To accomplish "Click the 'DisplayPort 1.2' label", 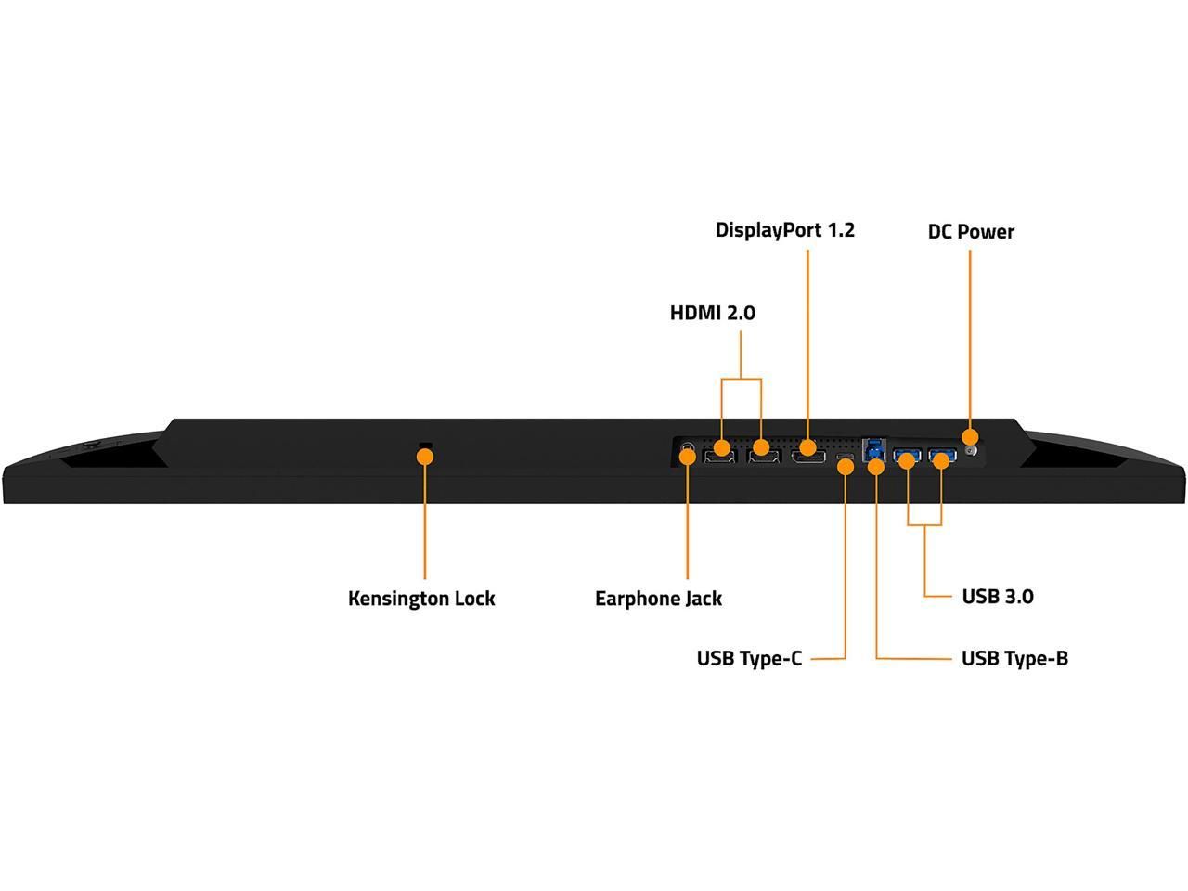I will point(784,230).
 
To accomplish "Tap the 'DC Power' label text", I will point(971,232).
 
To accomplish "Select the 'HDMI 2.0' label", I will point(713,313).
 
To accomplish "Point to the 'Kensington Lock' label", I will point(421,599).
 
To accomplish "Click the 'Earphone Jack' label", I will point(658,599).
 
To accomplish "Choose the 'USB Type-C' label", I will point(749,659).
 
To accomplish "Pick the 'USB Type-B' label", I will point(1014,659).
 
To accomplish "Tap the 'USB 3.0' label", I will point(998,597).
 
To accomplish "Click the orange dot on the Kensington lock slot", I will point(425,456).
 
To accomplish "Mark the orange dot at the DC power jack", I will point(970,436).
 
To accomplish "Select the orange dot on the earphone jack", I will point(688,456).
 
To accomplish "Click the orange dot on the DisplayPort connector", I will point(807,447).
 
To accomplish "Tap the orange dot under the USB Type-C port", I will point(846,467).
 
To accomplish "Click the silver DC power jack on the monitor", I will point(972,452).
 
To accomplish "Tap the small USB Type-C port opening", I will point(845,457).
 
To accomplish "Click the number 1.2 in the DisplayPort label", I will point(839,230).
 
